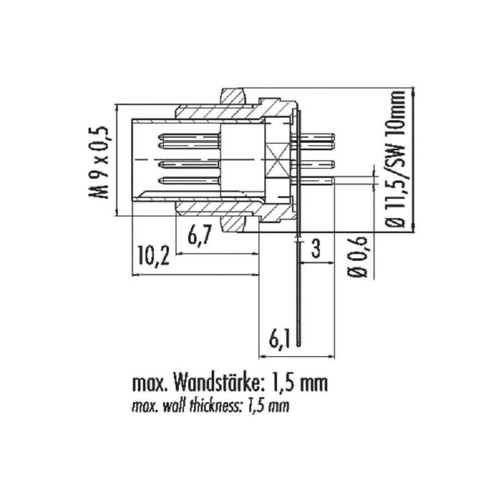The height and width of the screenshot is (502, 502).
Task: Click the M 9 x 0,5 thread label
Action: (x=99, y=162)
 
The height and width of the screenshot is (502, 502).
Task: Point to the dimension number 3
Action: (x=316, y=248)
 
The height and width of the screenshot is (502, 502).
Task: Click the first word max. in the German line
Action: (x=150, y=385)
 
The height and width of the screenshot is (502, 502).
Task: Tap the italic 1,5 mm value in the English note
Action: (x=269, y=406)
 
